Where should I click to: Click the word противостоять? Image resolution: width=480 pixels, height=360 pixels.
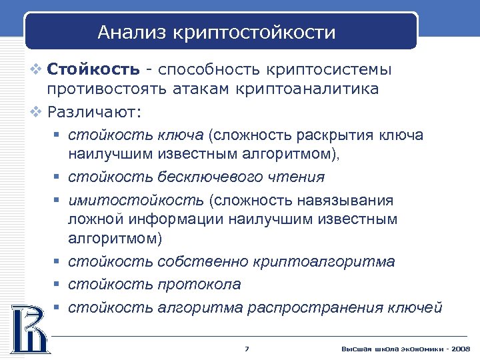[101, 89]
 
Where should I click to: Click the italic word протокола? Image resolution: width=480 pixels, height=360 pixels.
[199, 285]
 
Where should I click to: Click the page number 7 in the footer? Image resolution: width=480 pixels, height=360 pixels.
[247, 349]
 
